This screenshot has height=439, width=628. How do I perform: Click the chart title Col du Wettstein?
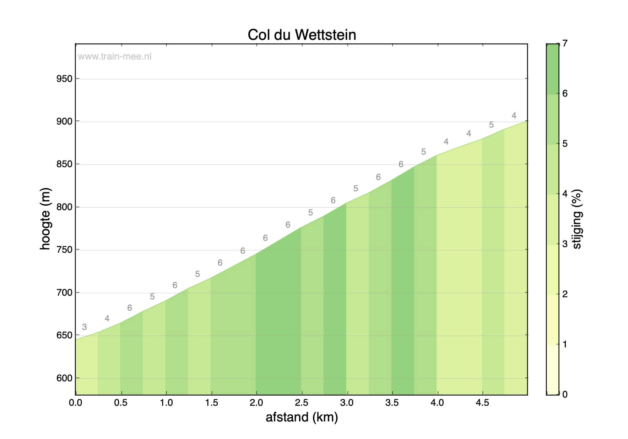pyautogui.click(x=302, y=35)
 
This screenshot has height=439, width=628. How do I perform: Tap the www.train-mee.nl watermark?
pyautogui.click(x=115, y=56)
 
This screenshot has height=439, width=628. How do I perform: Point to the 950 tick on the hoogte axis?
pyautogui.click(x=64, y=79)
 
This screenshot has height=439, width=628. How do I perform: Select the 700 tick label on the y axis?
pyautogui.click(x=64, y=293)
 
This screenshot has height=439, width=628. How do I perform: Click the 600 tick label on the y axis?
pyautogui.click(x=64, y=378)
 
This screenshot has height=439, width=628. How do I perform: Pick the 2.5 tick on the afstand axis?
pyautogui.click(x=302, y=403)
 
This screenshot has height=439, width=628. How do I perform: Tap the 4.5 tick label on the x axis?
pyautogui.click(x=482, y=403)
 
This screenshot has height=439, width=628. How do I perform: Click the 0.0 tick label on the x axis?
pyautogui.click(x=75, y=403)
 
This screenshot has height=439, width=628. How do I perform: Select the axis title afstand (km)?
pyautogui.click(x=302, y=417)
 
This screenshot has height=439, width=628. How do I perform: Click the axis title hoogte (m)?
pyautogui.click(x=46, y=219)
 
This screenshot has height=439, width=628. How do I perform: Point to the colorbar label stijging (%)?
pyautogui.click(x=577, y=219)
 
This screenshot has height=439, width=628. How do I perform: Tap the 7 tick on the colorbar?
pyautogui.click(x=565, y=43)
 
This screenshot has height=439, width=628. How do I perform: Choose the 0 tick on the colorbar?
pyautogui.click(x=565, y=394)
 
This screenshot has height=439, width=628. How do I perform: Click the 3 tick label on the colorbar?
pyautogui.click(x=565, y=244)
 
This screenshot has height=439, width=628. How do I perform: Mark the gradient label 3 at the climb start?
pyautogui.click(x=84, y=327)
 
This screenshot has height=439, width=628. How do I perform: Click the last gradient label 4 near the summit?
pyautogui.click(x=514, y=116)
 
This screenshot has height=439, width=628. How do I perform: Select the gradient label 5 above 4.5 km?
pyautogui.click(x=491, y=125)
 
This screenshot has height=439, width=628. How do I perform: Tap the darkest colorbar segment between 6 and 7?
pyautogui.click(x=553, y=69)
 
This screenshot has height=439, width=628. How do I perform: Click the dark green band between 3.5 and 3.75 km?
pyautogui.click(x=403, y=282)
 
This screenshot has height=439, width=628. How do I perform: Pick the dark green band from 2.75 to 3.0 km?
pyautogui.click(x=335, y=298)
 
